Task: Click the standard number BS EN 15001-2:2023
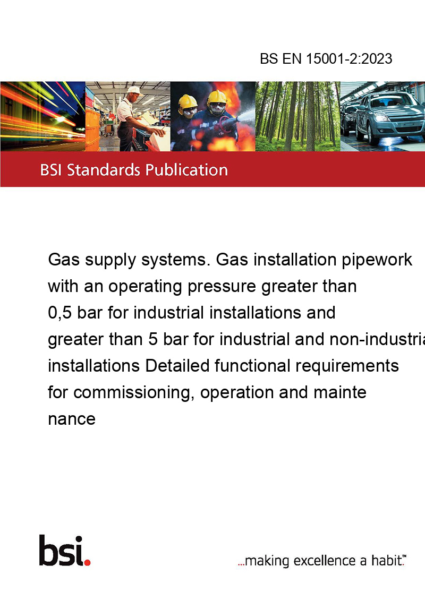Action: (x=326, y=58)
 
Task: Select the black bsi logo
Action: (x=61, y=551)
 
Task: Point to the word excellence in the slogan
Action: (x=325, y=561)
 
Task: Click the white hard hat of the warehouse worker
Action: (x=134, y=90)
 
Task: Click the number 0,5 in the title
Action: (x=60, y=313)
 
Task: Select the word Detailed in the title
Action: (x=177, y=366)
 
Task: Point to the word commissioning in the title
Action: (x=134, y=393)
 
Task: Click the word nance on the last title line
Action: (x=72, y=419)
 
